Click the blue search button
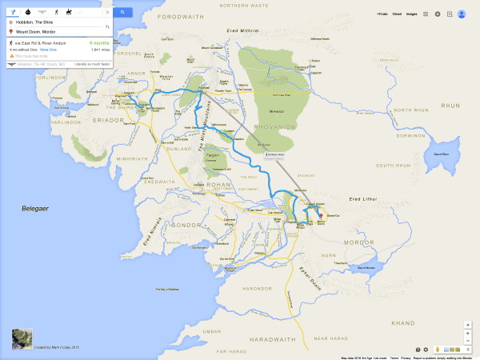tap(122, 13)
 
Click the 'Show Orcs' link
tap(48, 50)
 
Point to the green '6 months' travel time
tap(100, 42)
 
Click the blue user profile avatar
tap(462, 14)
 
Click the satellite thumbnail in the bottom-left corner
tap(22, 338)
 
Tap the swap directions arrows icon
tap(107, 26)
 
